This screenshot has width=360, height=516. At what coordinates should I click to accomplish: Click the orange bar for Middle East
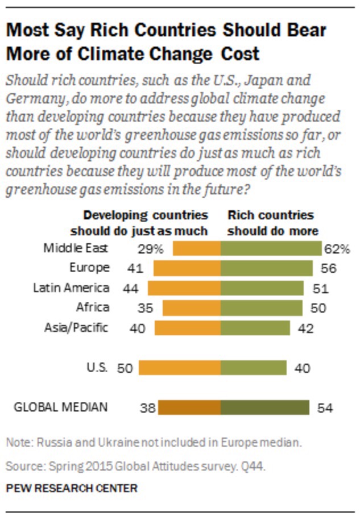pyautogui.click(x=197, y=248)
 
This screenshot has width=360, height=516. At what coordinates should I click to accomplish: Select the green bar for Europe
pyautogui.click(x=266, y=268)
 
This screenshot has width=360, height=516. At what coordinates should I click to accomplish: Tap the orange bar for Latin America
pyautogui.click(x=184, y=288)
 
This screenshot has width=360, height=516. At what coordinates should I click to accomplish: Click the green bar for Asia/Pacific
pyautogui.click(x=255, y=328)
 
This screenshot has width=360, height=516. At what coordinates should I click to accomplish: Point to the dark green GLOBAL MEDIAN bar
pyautogui.click(x=265, y=407)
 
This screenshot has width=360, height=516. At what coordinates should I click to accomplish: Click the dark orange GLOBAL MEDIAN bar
pyautogui.click(x=189, y=407)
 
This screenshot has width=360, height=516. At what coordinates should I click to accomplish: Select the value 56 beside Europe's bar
pyautogui.click(x=328, y=268)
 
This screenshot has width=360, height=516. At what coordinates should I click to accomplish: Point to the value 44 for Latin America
pyautogui.click(x=131, y=288)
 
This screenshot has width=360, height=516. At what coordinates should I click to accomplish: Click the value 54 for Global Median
pyautogui.click(x=325, y=407)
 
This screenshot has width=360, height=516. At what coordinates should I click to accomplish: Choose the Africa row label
pyautogui.click(x=92, y=307)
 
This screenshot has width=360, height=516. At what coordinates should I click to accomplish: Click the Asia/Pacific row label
pyautogui.click(x=76, y=327)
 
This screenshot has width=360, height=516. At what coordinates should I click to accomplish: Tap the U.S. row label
pyautogui.click(x=97, y=367)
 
